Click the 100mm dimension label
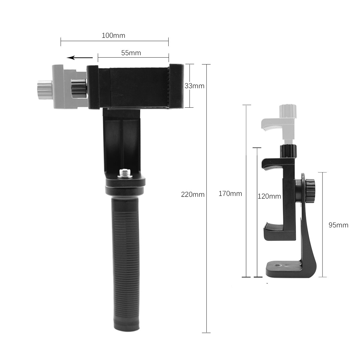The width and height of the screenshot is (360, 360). click(113, 35)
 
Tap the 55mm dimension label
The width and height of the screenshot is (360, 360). click(131, 53)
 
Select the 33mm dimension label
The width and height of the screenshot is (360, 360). click(194, 86)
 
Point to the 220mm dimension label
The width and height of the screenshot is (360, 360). click(193, 194)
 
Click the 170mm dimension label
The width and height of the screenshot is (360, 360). click(230, 193)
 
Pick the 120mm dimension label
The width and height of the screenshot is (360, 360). click(269, 196)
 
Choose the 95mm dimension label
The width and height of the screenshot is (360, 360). click(338, 225)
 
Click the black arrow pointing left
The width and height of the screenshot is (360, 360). click(80, 58)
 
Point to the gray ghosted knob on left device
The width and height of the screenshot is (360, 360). click(44, 87)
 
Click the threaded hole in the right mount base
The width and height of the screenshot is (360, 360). click(275, 265)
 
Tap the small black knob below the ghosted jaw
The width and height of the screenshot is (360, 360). click(288, 150)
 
